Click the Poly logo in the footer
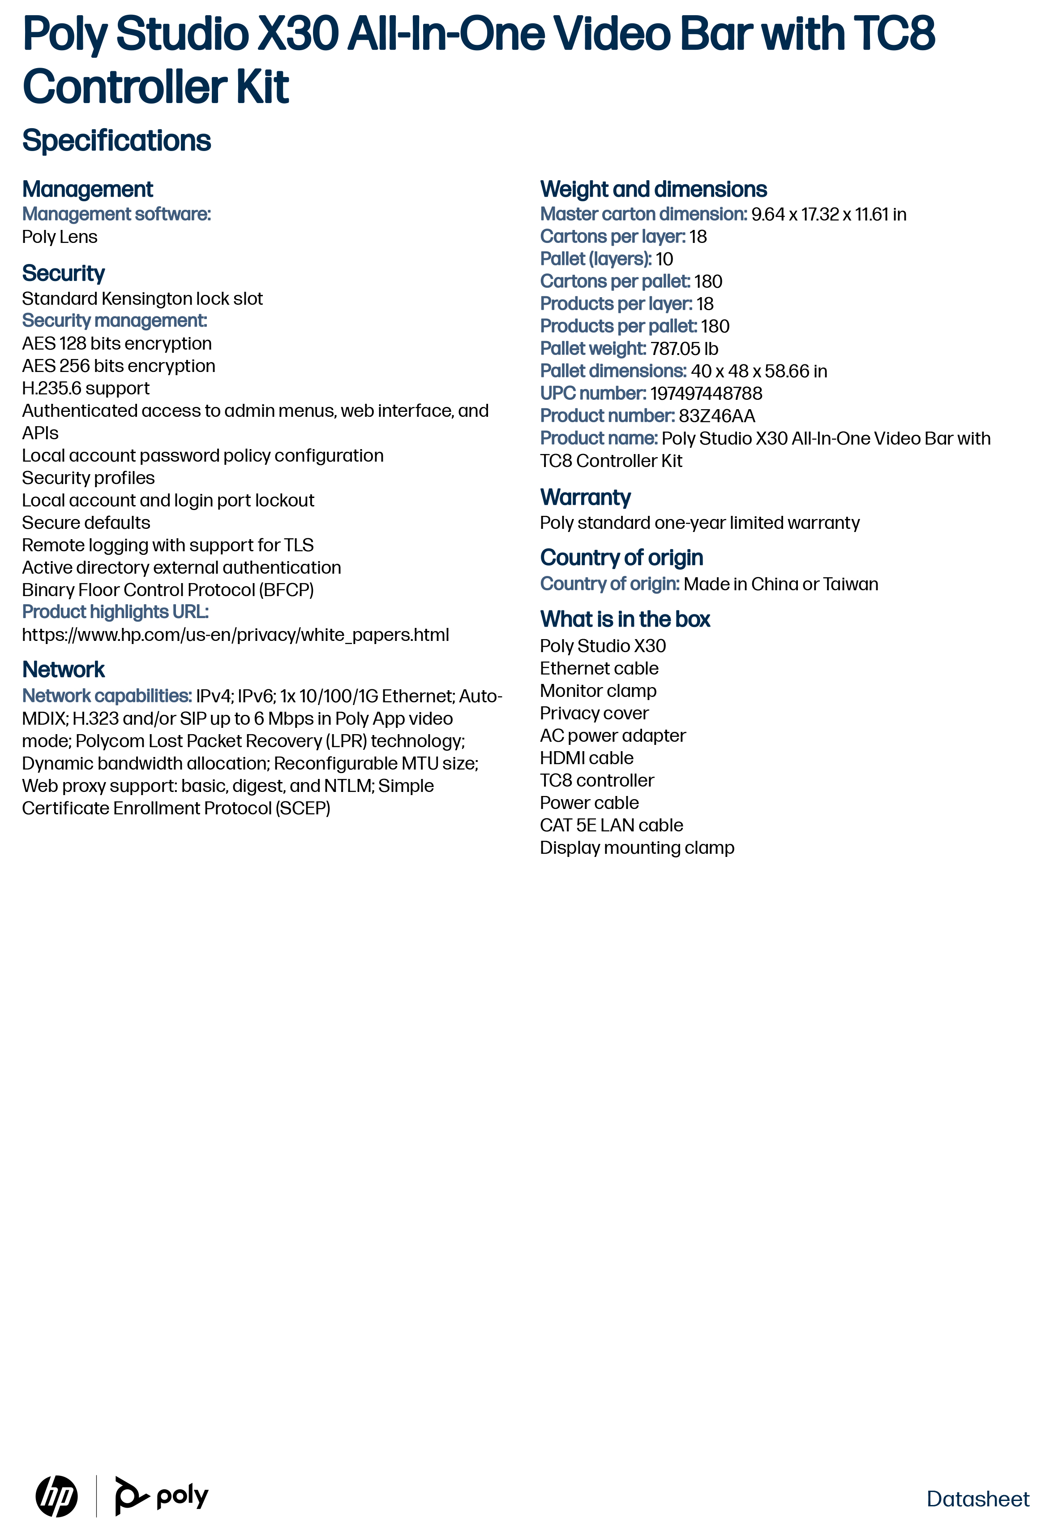(x=162, y=1496)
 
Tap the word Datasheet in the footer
(x=977, y=1498)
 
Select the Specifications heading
(x=116, y=141)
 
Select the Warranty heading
(x=585, y=497)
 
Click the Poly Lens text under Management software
(x=60, y=237)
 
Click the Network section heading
(x=64, y=670)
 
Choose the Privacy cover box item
(x=594, y=713)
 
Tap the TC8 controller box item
(x=596, y=780)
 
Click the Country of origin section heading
(x=621, y=558)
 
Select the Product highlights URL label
(x=115, y=612)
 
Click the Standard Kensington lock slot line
(x=142, y=298)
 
